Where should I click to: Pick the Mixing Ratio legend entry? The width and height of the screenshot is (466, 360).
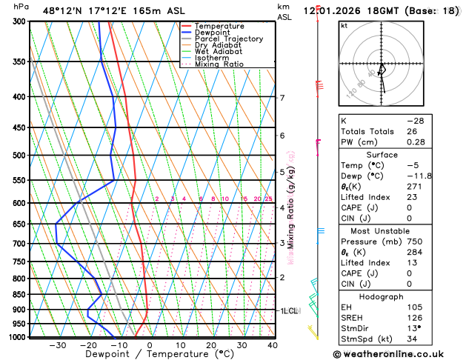point(219,64)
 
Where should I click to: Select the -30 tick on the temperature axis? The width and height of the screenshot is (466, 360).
point(57,345)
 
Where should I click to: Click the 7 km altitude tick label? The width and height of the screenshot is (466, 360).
point(282,98)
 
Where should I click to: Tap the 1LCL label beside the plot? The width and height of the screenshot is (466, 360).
point(289,311)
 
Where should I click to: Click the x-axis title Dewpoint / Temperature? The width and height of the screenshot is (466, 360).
point(150,355)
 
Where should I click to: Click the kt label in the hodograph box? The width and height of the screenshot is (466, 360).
point(344,25)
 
